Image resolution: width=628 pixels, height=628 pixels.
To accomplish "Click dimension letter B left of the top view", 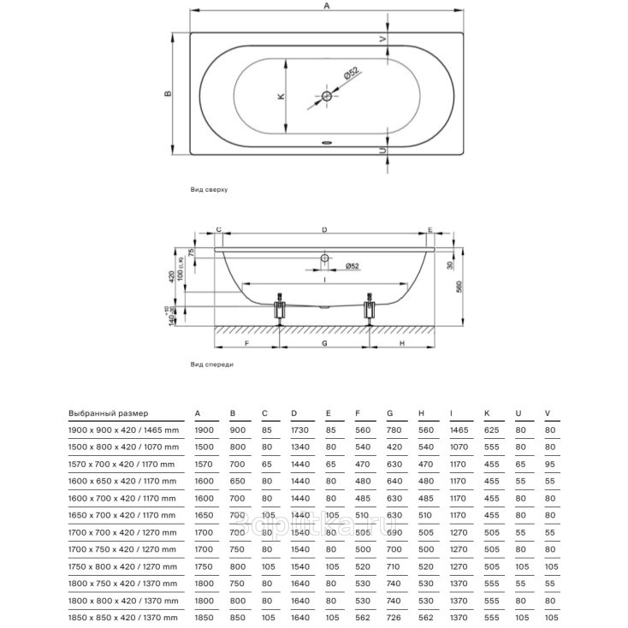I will click(169, 93).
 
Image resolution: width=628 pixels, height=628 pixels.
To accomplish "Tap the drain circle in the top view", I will click(326, 97).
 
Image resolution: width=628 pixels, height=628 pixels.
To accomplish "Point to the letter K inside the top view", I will click(280, 97).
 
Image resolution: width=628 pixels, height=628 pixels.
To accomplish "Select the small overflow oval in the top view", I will click(326, 143).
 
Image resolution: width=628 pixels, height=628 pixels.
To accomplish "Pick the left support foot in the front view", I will click(279, 310).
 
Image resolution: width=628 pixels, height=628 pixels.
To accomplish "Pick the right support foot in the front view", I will click(370, 310).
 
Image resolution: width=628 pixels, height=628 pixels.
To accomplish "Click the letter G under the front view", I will click(325, 342).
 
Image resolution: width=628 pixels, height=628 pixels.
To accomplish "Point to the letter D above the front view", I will click(324, 230).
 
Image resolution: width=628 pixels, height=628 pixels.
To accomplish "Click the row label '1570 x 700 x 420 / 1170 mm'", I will click(123, 463).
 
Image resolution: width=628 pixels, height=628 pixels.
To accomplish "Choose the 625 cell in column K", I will click(491, 430).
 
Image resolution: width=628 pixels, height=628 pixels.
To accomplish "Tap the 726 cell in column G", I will click(394, 616).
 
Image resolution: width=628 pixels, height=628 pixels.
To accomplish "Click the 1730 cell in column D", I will click(299, 430).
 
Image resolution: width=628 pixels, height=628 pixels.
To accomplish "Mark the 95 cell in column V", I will click(549, 463).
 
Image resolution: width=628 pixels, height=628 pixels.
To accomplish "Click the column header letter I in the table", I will click(451, 412).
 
